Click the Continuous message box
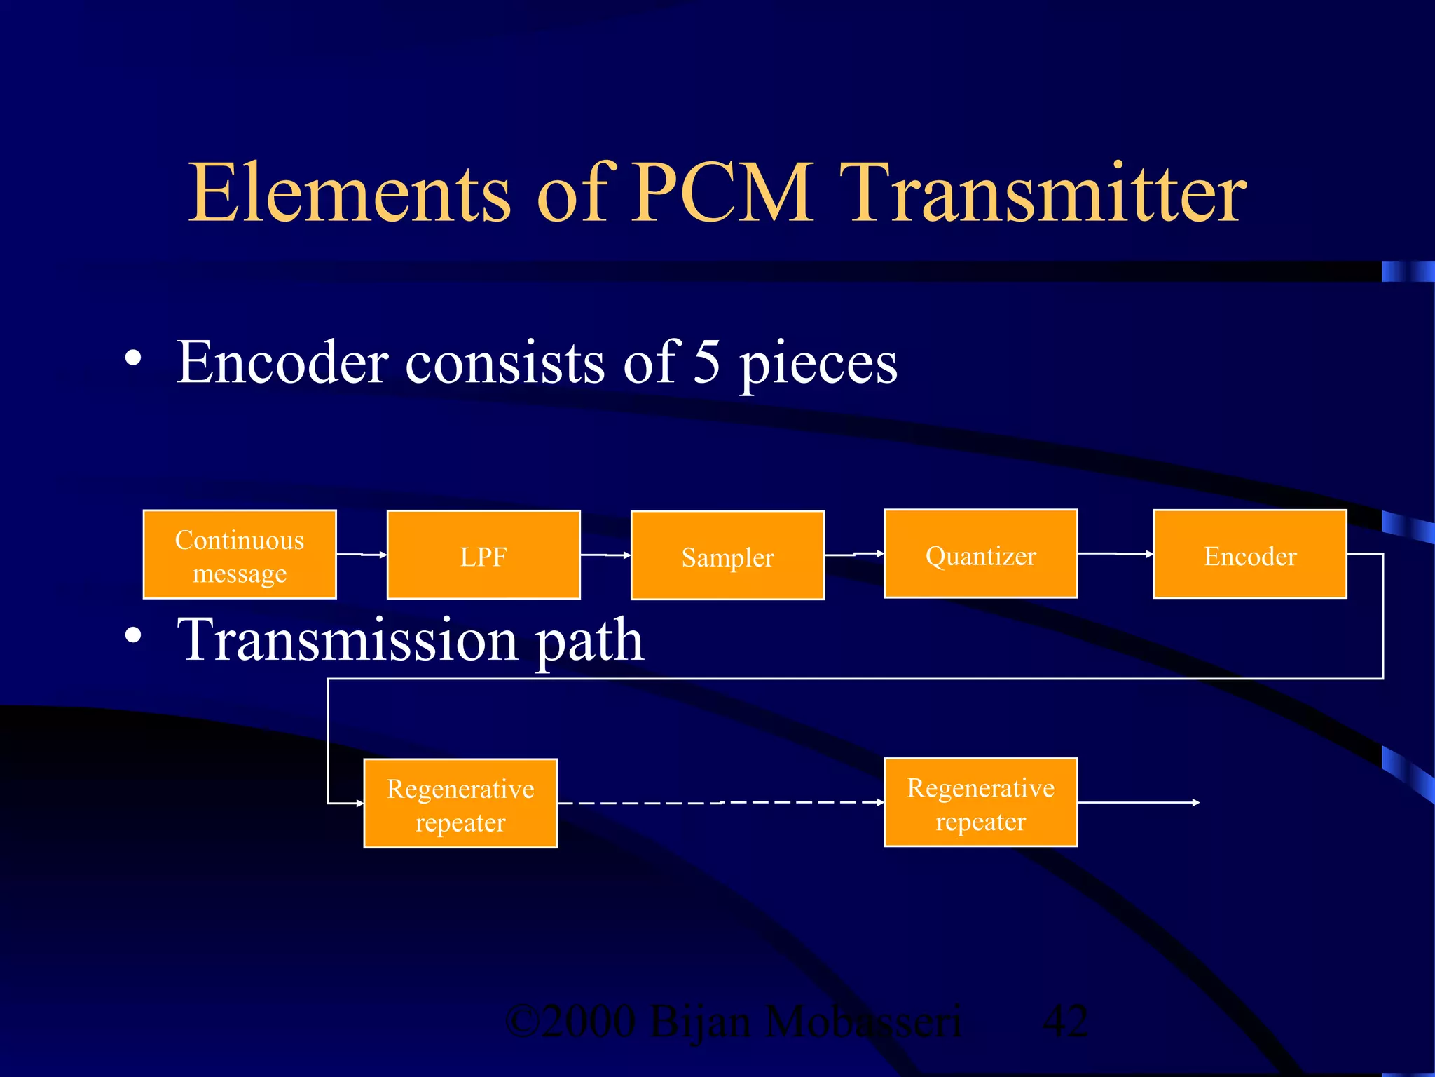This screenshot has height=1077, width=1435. coord(240,555)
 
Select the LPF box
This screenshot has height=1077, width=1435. coord(483,555)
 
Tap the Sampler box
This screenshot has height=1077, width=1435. coord(727,556)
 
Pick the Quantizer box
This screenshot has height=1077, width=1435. coord(980,554)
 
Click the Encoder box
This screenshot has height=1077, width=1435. coord(1250,555)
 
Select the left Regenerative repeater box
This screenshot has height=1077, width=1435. coord(460,804)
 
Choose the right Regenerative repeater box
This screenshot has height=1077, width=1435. coord(980,803)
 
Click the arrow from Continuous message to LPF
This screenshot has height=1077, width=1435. coord(362,555)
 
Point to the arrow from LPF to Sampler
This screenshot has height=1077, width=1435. coord(605,555)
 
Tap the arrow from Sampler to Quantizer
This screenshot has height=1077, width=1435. coord(854,555)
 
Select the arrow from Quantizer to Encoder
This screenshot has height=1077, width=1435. coord(1115,554)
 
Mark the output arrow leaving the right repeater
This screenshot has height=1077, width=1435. coord(1139,803)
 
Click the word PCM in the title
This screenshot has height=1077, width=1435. coord(722,193)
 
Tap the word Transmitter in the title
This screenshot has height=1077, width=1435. coord(1044,193)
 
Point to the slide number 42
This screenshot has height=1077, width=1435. coord(1065,1022)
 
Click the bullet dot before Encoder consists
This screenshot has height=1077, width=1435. coord(133,359)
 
